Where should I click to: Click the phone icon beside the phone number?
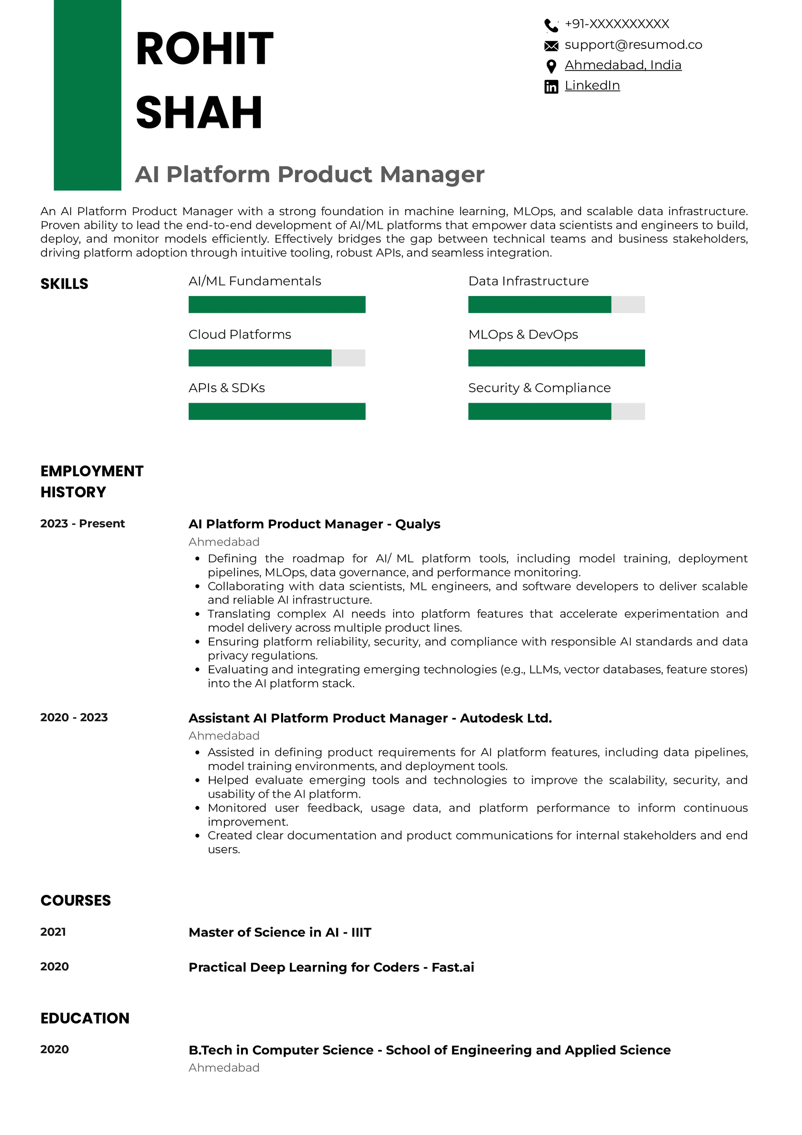(551, 25)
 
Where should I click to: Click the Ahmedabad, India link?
(623, 65)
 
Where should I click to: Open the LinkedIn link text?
(592, 85)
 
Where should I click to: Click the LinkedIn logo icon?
(551, 87)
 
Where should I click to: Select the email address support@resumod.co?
(633, 45)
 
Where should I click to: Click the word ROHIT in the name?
(204, 49)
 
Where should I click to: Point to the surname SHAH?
(198, 113)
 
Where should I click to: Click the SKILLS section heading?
(64, 284)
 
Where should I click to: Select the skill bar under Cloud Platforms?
(277, 358)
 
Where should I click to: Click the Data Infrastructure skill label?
(528, 281)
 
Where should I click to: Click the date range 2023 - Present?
(83, 523)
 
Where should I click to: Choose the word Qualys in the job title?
(417, 524)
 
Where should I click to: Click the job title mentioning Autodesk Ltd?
(370, 718)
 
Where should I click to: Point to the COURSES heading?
(76, 900)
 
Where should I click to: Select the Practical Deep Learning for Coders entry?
(331, 967)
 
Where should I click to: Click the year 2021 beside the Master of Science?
(53, 932)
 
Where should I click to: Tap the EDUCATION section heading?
(85, 1018)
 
